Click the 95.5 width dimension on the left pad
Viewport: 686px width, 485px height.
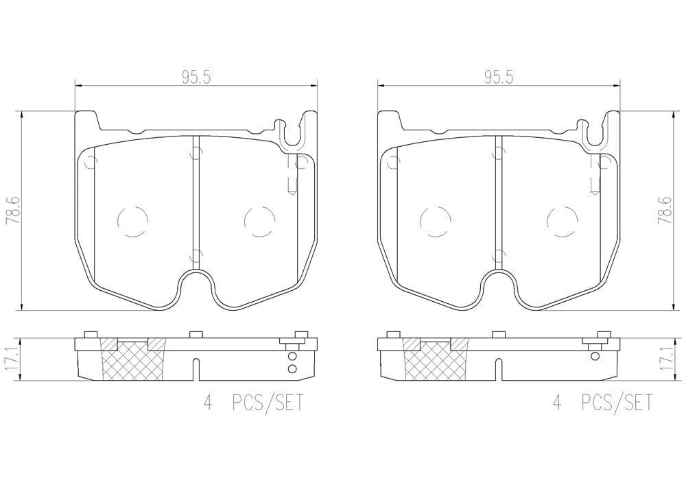click(196, 78)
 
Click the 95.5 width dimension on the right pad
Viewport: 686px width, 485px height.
click(498, 78)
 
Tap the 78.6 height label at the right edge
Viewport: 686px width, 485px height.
click(665, 210)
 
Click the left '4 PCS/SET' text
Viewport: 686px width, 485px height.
click(253, 403)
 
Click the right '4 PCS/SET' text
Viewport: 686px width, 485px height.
click(602, 403)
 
